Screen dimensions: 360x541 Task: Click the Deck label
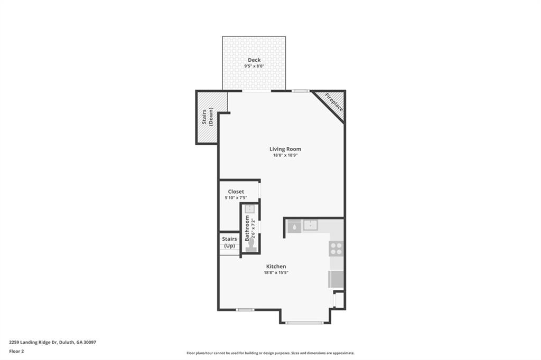click(x=254, y=60)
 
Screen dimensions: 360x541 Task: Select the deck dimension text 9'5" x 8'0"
click(x=254, y=67)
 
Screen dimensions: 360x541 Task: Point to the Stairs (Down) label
click(x=207, y=117)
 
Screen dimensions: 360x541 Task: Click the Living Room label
click(x=285, y=149)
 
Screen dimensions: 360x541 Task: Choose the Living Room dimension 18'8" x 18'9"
click(x=285, y=156)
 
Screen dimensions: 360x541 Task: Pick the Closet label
click(x=236, y=192)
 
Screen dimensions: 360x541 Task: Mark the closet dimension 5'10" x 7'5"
click(x=236, y=198)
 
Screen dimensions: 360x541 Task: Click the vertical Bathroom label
click(x=247, y=228)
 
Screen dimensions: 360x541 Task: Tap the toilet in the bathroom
click(x=250, y=245)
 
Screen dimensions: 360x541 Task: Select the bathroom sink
click(x=249, y=209)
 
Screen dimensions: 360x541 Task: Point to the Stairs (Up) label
click(x=229, y=242)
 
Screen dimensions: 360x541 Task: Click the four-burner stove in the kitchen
click(x=336, y=248)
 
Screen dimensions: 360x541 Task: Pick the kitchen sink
click(x=310, y=226)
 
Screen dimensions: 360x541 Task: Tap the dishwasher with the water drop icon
click(x=294, y=226)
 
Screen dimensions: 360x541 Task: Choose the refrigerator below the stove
click(x=336, y=279)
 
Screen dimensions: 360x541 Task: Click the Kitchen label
click(x=276, y=267)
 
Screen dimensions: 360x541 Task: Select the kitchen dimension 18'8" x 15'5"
click(x=276, y=273)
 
